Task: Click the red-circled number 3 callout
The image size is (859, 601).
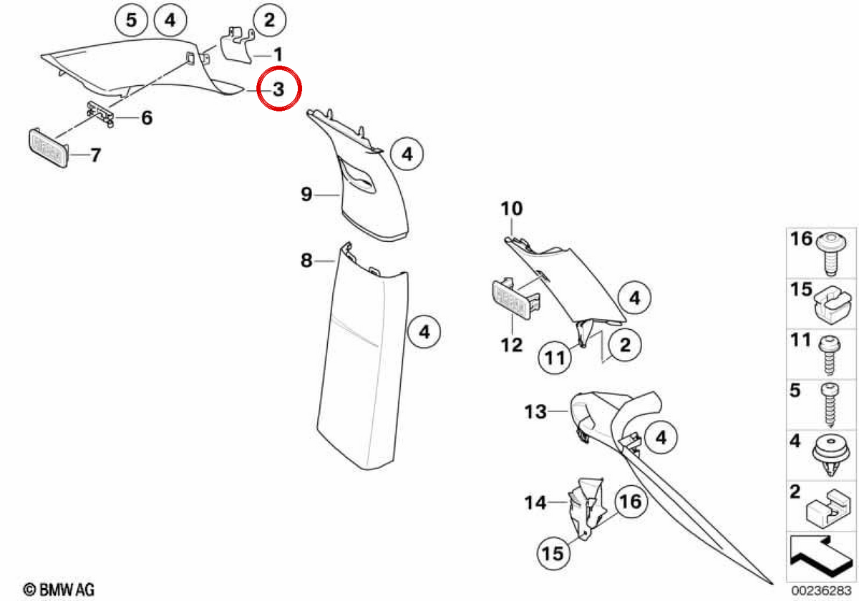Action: click(x=278, y=89)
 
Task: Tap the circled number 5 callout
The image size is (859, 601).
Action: click(x=132, y=20)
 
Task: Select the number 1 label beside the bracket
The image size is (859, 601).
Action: click(x=278, y=54)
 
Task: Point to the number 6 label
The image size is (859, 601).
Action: click(x=147, y=117)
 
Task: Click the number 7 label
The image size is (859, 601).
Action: click(x=95, y=155)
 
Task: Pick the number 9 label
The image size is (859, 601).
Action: click(x=306, y=195)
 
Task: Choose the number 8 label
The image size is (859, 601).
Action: click(x=306, y=260)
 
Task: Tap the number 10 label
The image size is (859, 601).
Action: click(x=512, y=208)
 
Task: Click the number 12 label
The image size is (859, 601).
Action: click(x=512, y=346)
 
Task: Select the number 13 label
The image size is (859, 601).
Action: click(x=535, y=411)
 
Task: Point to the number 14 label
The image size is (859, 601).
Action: click(x=535, y=502)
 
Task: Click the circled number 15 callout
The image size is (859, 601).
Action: click(x=553, y=554)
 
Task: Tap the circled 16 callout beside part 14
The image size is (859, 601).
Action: click(x=631, y=502)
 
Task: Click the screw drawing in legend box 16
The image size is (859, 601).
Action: click(x=830, y=253)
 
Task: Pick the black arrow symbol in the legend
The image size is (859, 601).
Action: click(x=820, y=557)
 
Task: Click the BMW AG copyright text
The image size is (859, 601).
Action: click(x=59, y=590)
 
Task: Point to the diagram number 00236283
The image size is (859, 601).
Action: click(x=821, y=590)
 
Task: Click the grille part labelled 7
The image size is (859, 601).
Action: click(x=49, y=147)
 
